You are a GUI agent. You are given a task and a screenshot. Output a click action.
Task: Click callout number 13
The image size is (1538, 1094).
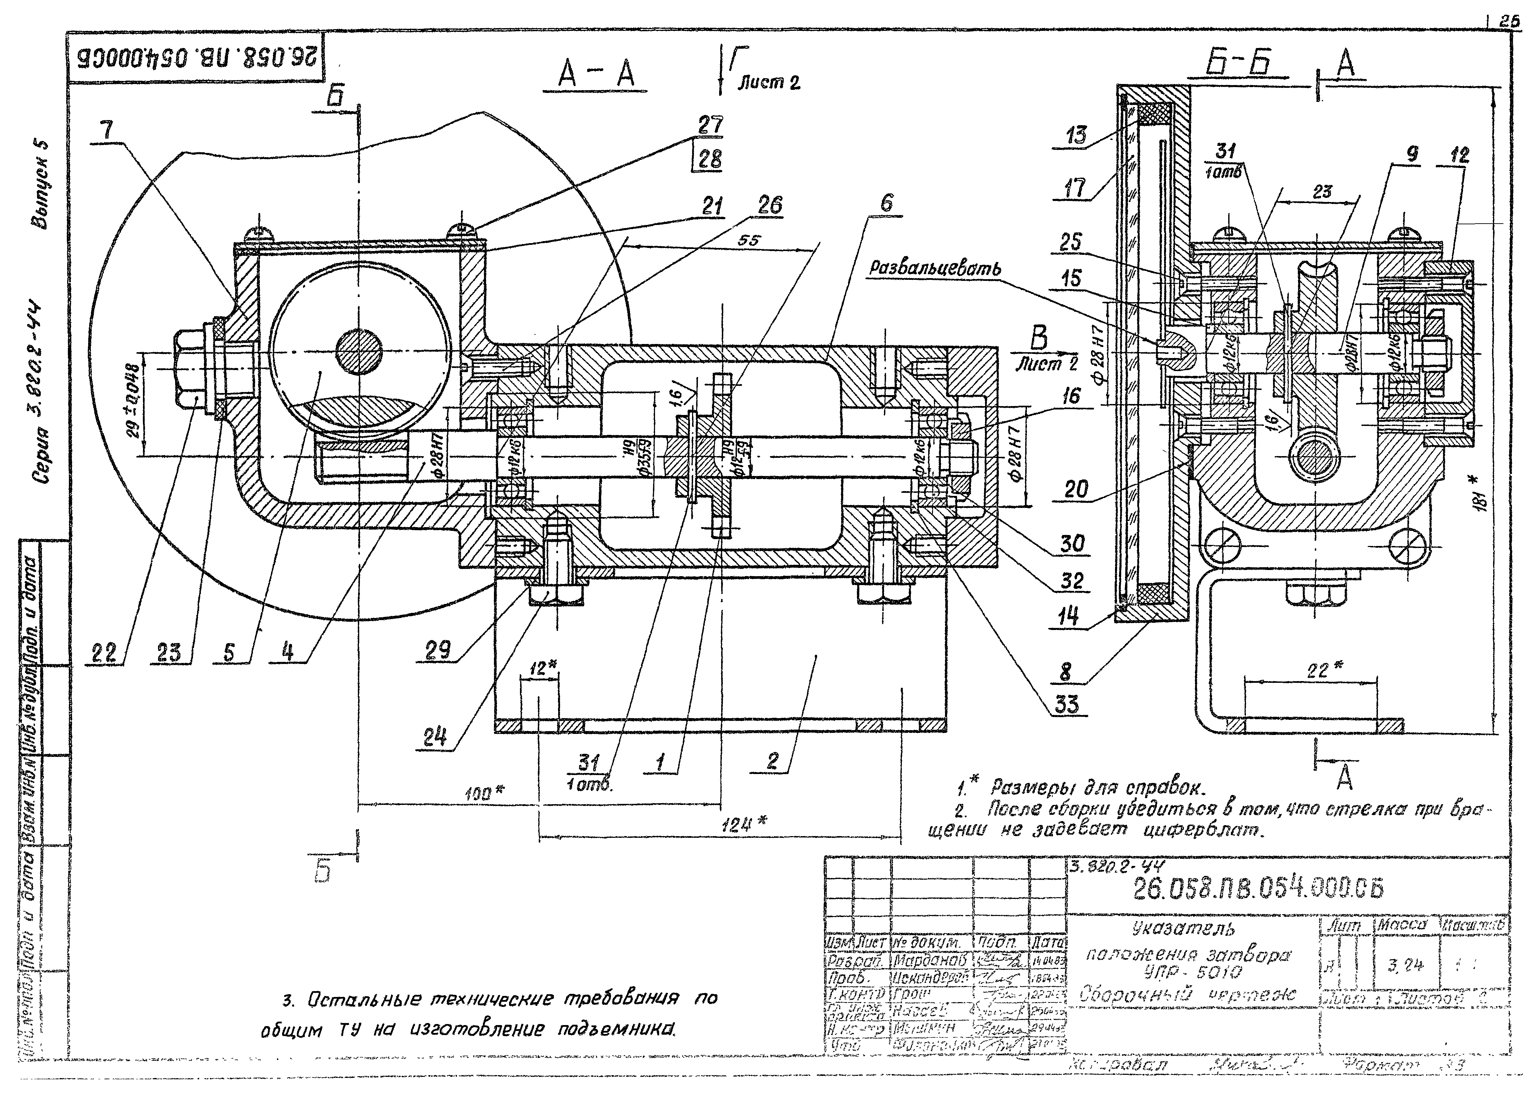pyautogui.click(x=1076, y=135)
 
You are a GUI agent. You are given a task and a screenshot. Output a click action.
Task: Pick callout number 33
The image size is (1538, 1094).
pyautogui.click(x=1068, y=705)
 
